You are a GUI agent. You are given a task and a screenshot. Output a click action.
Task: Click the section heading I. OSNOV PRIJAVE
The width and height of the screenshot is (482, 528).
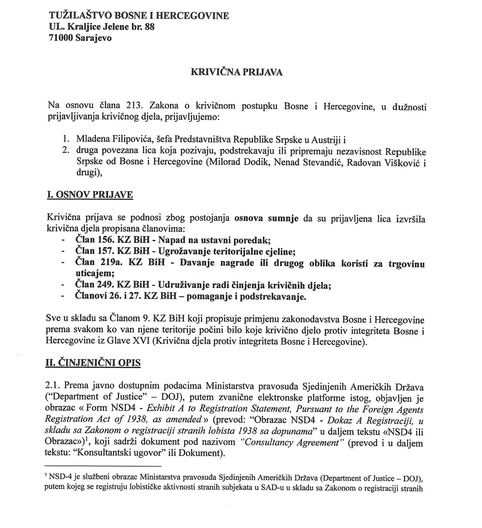click(90, 195)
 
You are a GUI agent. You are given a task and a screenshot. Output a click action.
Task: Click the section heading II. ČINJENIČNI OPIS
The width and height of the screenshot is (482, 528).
click(93, 363)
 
